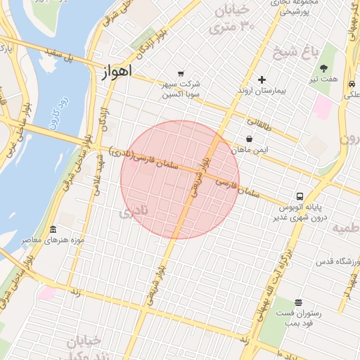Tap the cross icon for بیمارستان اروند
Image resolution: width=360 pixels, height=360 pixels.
click(x=262, y=80)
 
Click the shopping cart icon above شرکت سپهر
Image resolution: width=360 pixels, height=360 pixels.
click(x=181, y=73)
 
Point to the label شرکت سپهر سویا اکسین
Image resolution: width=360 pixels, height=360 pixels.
click(x=182, y=89)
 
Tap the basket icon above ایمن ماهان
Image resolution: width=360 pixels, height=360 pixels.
click(x=250, y=139)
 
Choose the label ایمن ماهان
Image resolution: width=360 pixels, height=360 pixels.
click(x=250, y=150)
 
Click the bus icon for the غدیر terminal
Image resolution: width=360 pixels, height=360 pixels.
click(x=300, y=196)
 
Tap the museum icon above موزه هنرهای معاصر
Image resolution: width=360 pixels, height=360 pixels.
click(x=53, y=231)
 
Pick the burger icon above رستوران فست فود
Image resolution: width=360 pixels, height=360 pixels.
click(x=298, y=302)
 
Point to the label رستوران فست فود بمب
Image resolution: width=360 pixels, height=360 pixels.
click(x=298, y=318)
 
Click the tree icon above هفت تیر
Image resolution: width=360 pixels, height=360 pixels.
click(x=323, y=68)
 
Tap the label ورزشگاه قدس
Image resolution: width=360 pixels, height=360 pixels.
click(x=335, y=262)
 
